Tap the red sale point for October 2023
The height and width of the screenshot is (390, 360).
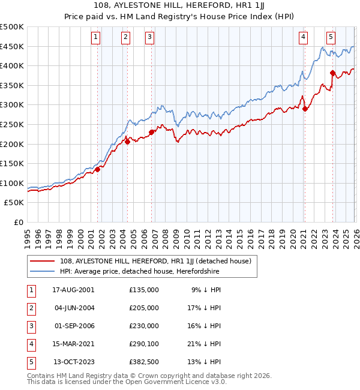(332, 73)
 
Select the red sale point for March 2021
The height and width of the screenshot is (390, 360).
(305, 109)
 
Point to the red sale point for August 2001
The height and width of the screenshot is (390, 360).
(97, 169)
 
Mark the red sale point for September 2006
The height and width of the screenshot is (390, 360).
(151, 132)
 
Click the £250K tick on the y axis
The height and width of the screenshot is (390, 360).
(12, 124)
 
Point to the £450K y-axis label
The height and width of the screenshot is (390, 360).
(12, 46)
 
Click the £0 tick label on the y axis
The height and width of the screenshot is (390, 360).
(19, 222)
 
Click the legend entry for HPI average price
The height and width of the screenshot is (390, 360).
(140, 271)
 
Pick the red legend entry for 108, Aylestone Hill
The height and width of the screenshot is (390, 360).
(158, 261)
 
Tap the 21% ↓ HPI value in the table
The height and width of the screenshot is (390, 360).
(206, 344)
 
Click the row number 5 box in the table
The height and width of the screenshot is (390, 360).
(31, 362)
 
